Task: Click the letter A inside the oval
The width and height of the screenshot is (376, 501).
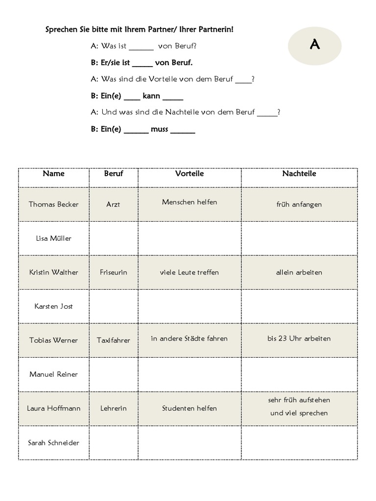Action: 315,45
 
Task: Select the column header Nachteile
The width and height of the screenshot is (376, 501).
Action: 299,174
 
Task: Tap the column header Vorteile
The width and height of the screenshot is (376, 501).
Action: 189,174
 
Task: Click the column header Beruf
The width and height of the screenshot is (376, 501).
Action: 114,174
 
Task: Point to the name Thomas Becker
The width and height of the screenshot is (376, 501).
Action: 53,205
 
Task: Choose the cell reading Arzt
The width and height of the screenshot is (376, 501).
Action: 113,205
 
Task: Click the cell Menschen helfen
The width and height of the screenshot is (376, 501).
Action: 189,202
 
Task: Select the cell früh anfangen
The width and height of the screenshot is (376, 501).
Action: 299,205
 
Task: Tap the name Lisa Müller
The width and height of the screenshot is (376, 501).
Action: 53,238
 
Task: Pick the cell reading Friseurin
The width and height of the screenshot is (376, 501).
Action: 113,273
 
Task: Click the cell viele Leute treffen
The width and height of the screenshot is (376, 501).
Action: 189,273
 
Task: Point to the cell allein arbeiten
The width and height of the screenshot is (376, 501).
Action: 299,273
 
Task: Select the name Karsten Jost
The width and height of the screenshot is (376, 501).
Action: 53,306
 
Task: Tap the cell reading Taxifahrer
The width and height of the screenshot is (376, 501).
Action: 113,341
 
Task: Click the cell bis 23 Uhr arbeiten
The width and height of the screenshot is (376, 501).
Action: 299,339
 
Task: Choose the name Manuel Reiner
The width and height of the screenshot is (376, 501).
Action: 53,374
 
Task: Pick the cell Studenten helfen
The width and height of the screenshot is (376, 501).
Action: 189,409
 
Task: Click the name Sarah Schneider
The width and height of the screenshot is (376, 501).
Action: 53,443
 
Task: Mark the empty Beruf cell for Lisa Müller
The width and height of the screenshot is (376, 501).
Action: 114,238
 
